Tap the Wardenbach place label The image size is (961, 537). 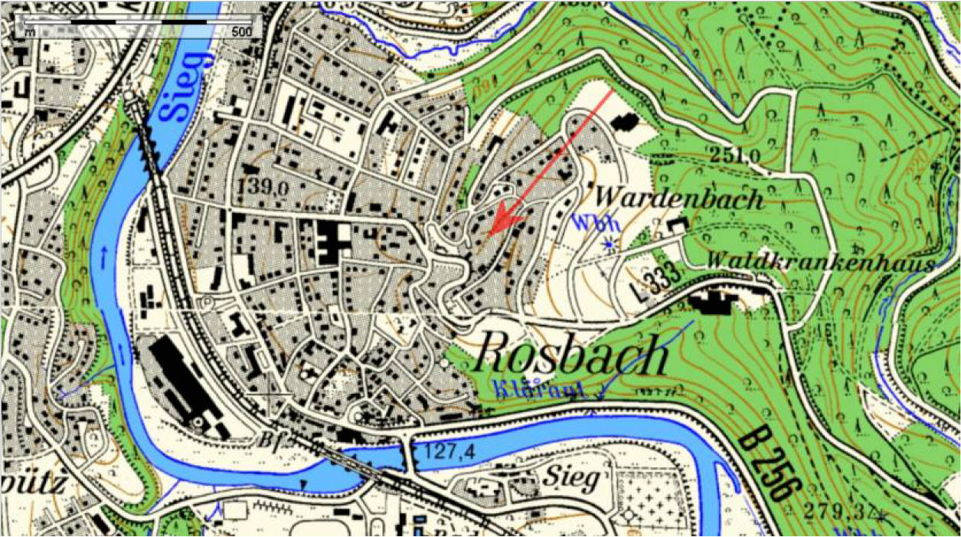[x=679, y=199]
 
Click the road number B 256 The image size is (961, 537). [x=767, y=467]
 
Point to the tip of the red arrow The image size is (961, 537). [x=491, y=233]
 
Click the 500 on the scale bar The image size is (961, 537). [x=241, y=32]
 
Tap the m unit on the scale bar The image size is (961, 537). [x=29, y=32]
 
